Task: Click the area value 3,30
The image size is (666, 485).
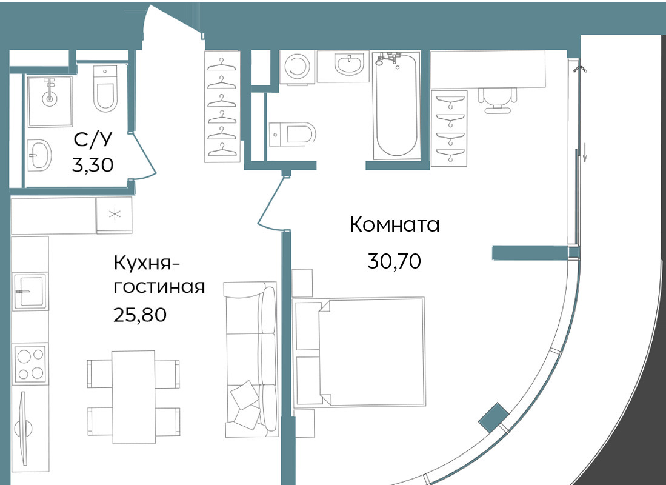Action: click(x=93, y=164)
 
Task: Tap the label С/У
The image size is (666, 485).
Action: click(x=93, y=139)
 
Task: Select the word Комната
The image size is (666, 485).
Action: click(x=394, y=224)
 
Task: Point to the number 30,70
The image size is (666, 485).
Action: click(x=394, y=261)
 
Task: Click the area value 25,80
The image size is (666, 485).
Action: click(x=140, y=315)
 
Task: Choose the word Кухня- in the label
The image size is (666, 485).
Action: click(x=147, y=264)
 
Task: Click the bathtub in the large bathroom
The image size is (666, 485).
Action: click(x=397, y=105)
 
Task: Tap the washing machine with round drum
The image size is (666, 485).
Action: click(x=298, y=66)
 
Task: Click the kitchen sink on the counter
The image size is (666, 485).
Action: click(x=30, y=291)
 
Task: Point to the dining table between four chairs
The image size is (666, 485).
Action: click(x=133, y=397)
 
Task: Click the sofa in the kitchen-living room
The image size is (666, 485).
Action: click(x=251, y=359)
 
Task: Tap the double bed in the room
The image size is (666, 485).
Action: click(x=359, y=352)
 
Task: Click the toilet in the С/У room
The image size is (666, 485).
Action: click(x=104, y=89)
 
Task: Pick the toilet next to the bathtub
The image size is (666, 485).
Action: click(x=292, y=135)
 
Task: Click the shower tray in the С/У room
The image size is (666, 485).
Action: click(x=50, y=101)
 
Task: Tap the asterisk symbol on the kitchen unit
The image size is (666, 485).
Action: click(x=115, y=215)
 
